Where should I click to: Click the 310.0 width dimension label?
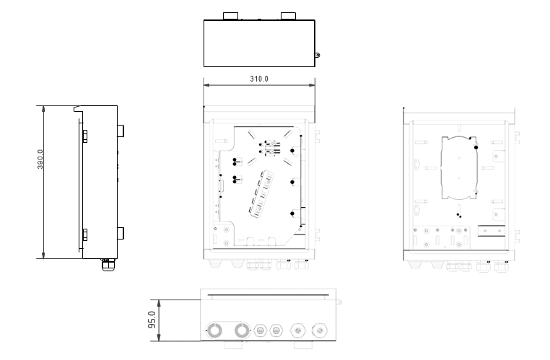pyautogui.click(x=259, y=79)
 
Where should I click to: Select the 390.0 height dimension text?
pyautogui.click(x=40, y=159)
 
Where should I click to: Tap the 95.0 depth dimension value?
pyautogui.click(x=152, y=320)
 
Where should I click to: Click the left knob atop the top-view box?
pyautogui.click(x=230, y=16)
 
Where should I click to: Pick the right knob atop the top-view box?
pyautogui.click(x=288, y=16)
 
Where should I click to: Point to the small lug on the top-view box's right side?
pyautogui.click(x=318, y=55)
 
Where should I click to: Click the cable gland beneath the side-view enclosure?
pyautogui.click(x=108, y=265)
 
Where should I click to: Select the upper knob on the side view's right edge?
pyautogui.click(x=121, y=131)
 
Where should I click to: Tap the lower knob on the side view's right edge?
pyautogui.click(x=121, y=233)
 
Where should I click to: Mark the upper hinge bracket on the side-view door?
pyautogui.click(x=84, y=136)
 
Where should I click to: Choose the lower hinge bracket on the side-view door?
pyautogui.click(x=84, y=235)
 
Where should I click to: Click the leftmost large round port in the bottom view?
pyautogui.click(x=214, y=330)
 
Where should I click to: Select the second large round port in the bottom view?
pyautogui.click(x=242, y=330)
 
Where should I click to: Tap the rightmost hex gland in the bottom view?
pyautogui.click(x=320, y=330)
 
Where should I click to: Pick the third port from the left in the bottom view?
pyautogui.click(x=260, y=330)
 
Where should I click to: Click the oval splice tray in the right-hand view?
pyautogui.click(x=459, y=168)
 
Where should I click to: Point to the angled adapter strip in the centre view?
pyautogui.click(x=261, y=194)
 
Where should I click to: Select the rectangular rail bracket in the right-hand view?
pyautogui.click(x=491, y=231)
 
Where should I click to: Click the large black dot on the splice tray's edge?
pyautogui.click(x=476, y=148)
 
